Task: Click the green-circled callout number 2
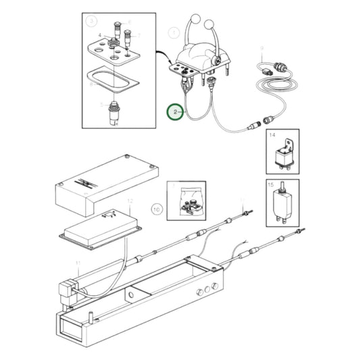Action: [176, 111]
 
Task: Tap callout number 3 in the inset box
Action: [91, 22]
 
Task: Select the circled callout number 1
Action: [174, 32]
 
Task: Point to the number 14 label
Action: [273, 136]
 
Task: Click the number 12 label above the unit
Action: [130, 201]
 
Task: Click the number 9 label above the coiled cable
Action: [261, 48]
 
